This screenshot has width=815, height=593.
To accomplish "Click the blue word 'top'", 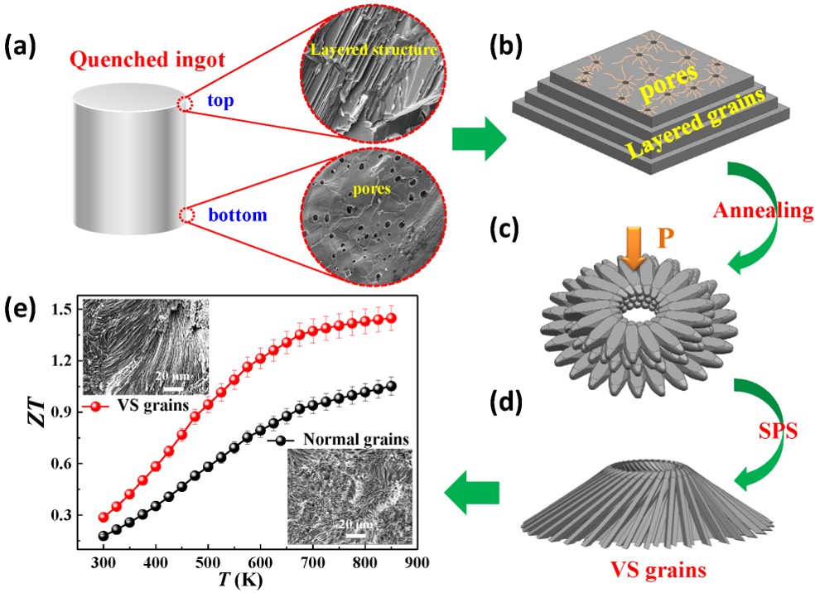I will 220,101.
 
